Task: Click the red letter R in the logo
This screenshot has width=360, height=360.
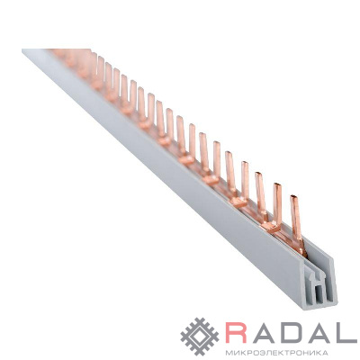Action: point(236,333)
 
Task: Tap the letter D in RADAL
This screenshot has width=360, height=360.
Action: point(286,333)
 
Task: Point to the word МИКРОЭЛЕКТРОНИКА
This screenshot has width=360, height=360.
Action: point(276,352)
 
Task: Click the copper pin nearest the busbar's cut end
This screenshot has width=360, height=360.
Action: point(297,223)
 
